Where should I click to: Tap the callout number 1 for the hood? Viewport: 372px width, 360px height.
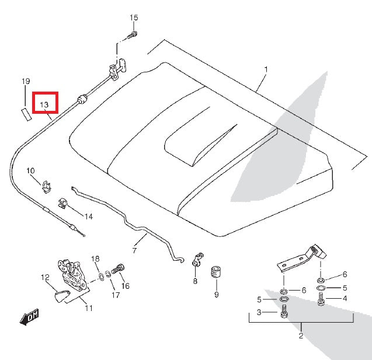266,69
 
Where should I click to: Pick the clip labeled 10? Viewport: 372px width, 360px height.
44,186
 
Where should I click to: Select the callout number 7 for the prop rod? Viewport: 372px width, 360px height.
134,251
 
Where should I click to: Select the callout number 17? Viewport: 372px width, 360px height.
115,295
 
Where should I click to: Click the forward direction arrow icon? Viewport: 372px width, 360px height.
29,317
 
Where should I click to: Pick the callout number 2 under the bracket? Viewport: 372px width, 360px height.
301,336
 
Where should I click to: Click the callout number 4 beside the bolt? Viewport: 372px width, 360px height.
345,299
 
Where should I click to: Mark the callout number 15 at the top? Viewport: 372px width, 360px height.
134,18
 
